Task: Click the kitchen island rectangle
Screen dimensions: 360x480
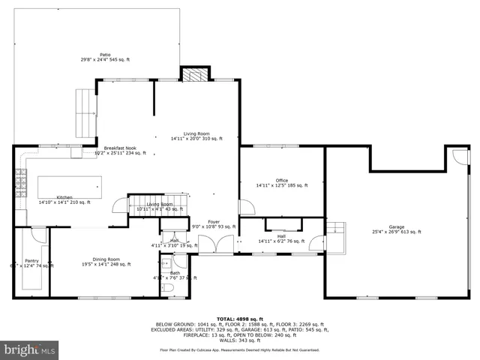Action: pyautogui.click(x=69, y=186)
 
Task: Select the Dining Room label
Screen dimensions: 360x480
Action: pyautogui.click(x=106, y=261)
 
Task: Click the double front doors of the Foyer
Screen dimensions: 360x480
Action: pyautogui.click(x=215, y=244)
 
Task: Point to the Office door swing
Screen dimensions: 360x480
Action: pyautogui.click(x=244, y=208)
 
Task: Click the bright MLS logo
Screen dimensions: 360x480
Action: pyautogui.click(x=29, y=349)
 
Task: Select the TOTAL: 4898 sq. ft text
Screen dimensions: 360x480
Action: pyautogui.click(x=240, y=318)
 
